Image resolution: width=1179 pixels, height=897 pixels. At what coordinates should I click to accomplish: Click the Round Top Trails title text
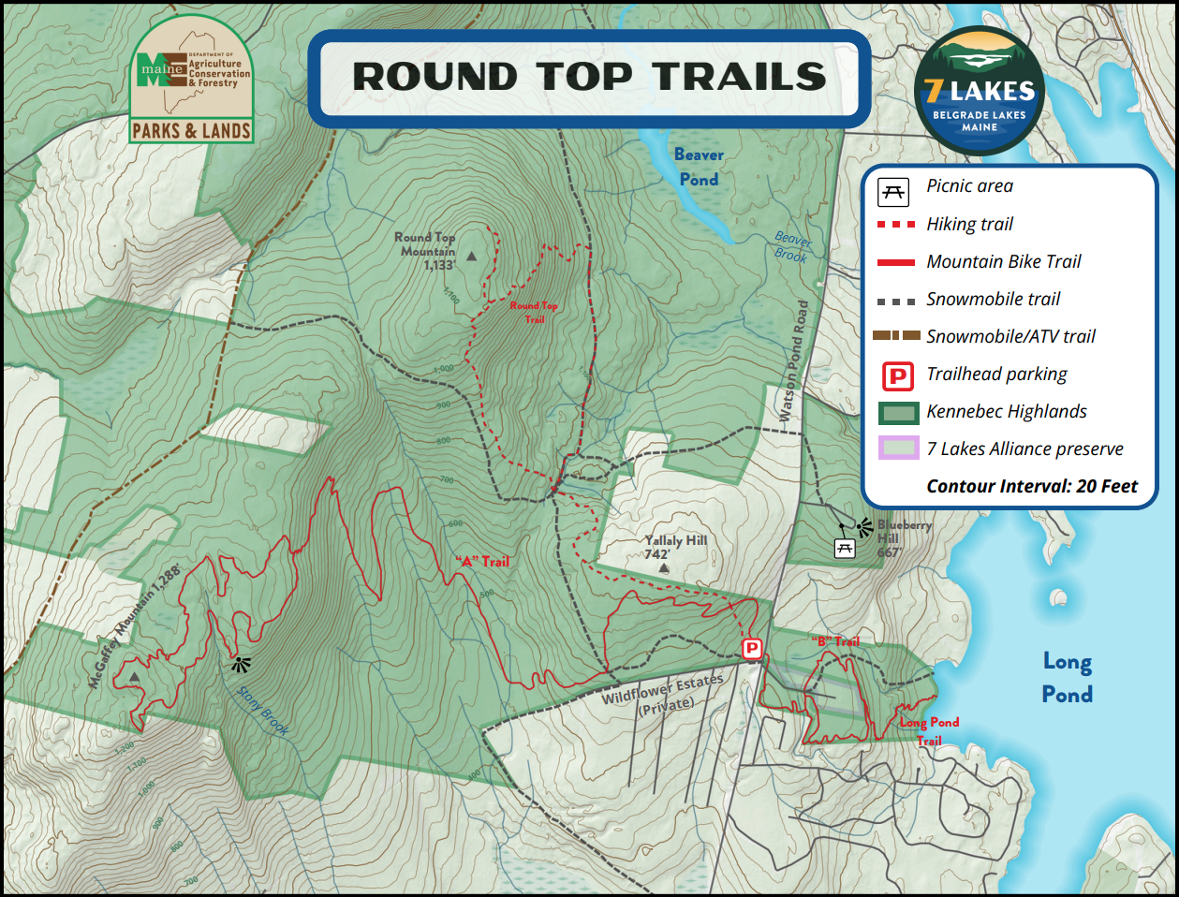pos(589,78)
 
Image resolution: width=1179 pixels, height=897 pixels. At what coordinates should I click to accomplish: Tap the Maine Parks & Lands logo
pos(191,81)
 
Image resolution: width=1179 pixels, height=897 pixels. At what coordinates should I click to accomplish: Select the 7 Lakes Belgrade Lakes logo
pos(979,91)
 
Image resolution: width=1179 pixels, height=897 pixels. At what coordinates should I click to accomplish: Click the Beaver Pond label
pos(699,167)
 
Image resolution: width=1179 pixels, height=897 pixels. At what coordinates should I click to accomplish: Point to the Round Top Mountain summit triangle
pos(472,256)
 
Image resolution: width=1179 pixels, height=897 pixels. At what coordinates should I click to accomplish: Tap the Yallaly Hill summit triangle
pos(664,568)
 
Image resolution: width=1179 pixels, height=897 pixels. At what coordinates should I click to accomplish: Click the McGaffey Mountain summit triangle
pos(135,676)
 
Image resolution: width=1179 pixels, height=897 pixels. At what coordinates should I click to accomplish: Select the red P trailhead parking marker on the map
pos(751,649)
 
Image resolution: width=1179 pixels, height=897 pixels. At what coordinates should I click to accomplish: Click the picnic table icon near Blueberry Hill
pos(845,549)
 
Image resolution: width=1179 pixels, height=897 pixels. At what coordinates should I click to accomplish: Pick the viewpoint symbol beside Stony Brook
pos(242,665)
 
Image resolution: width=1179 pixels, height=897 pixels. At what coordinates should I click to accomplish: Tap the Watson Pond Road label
pos(792,361)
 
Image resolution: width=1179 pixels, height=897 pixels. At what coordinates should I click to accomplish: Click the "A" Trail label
pos(482,562)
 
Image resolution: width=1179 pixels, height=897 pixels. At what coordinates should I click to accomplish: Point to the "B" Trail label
pos(835,641)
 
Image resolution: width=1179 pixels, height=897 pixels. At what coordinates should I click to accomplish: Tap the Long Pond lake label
pos(1067,678)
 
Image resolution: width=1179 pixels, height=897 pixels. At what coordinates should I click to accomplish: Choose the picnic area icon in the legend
pos(893,191)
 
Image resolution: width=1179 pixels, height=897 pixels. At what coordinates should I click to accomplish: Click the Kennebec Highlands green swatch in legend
pos(898,412)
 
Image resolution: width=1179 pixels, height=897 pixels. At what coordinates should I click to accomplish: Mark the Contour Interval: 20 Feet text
pos(1032,486)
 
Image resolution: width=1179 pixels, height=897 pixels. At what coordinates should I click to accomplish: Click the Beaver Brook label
pos(791,247)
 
